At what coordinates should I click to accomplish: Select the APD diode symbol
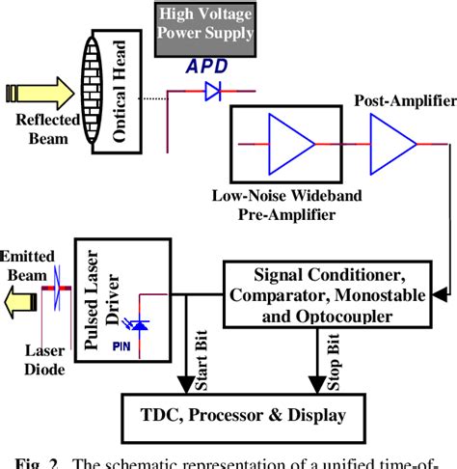coord(211,93)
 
